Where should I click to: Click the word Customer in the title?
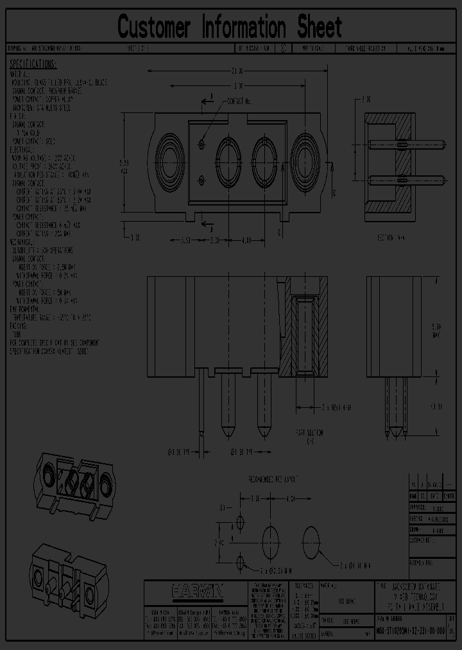[x=155, y=27]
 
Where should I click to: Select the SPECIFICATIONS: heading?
[x=33, y=64]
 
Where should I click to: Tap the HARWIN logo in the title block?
[x=196, y=590]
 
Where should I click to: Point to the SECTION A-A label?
[x=391, y=237]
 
